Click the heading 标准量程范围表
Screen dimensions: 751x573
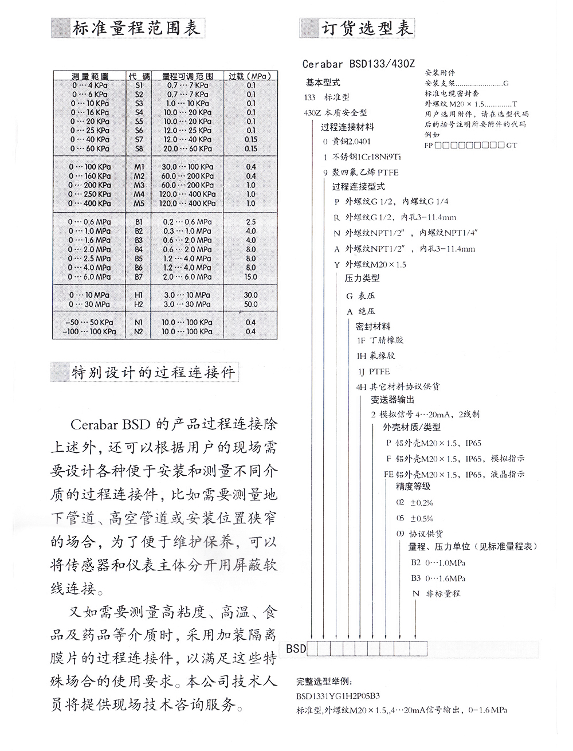[x=136, y=28]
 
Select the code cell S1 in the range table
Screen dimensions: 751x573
[x=139, y=85]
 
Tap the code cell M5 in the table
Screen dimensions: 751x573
[x=139, y=204]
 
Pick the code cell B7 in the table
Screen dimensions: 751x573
[x=139, y=277]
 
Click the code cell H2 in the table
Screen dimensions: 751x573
[x=139, y=304]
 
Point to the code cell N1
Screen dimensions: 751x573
[x=139, y=322]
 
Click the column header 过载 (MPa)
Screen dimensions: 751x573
[x=250, y=76]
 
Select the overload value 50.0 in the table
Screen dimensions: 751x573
[x=250, y=304]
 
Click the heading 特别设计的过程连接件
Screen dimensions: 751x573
[x=153, y=373]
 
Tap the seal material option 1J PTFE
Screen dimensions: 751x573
[x=373, y=371]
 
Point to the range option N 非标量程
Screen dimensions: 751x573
[x=436, y=594]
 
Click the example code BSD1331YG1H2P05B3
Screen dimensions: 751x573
[x=338, y=696]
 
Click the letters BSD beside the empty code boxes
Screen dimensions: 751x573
[x=296, y=649]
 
